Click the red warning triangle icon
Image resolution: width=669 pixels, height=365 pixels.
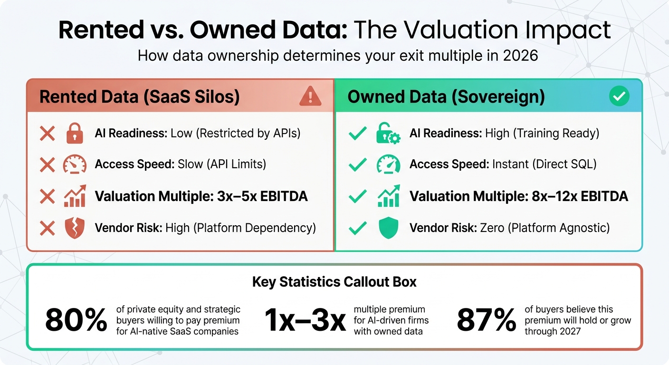tap(310, 96)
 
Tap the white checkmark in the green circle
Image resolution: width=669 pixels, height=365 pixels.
tap(619, 96)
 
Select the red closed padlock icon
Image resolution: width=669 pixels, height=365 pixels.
tap(75, 134)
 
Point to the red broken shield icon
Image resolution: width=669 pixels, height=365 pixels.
tap(75, 228)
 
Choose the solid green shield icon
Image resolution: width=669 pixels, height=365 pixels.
tap(388, 228)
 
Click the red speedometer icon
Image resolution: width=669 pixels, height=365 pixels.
tap(75, 164)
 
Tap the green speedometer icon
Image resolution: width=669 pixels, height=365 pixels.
tap(388, 164)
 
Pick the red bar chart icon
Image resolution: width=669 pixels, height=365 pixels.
tap(75, 196)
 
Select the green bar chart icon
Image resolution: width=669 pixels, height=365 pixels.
tap(388, 196)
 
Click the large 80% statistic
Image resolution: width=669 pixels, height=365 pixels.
tap(76, 320)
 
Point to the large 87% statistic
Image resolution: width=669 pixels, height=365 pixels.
tap(486, 320)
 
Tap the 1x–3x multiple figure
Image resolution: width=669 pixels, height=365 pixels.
tap(305, 320)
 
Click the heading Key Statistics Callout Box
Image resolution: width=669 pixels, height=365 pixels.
tap(334, 282)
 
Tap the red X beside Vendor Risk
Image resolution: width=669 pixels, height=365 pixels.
tap(47, 228)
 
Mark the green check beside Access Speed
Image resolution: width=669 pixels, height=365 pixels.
tap(357, 164)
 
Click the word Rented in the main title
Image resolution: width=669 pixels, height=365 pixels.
tap(100, 30)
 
